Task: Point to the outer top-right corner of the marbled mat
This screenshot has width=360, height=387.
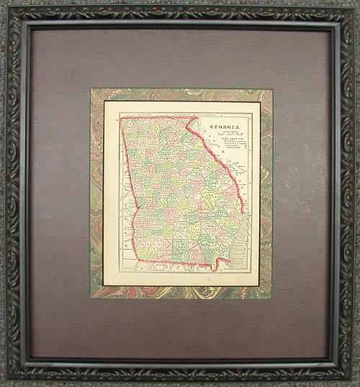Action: [271, 88]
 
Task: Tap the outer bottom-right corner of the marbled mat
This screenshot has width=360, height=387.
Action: [271, 299]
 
